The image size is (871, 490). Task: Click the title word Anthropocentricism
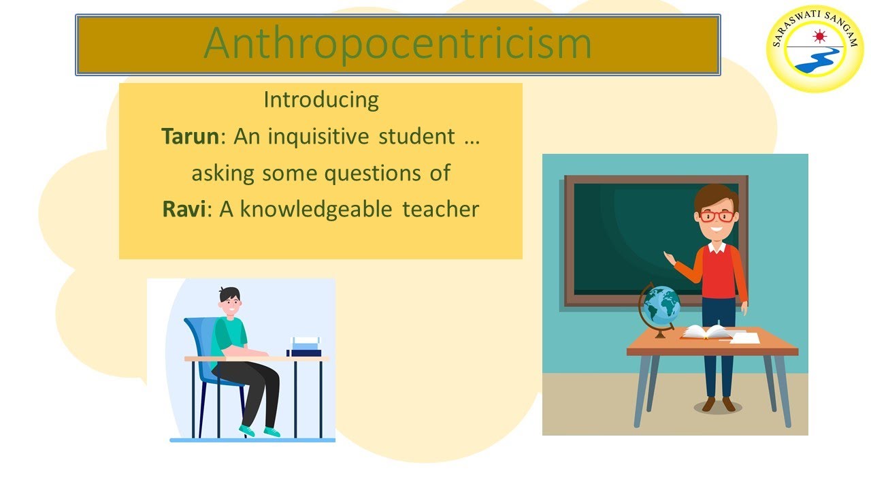tap(397, 43)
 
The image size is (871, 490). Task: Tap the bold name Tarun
tap(191, 136)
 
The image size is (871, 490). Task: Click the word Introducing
tap(321, 100)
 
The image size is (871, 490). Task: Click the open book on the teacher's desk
tap(705, 331)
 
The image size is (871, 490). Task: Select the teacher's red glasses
tap(716, 216)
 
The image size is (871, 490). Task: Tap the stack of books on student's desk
tap(304, 346)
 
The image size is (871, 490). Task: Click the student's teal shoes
tap(259, 431)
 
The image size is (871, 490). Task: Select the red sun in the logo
tap(819, 35)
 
